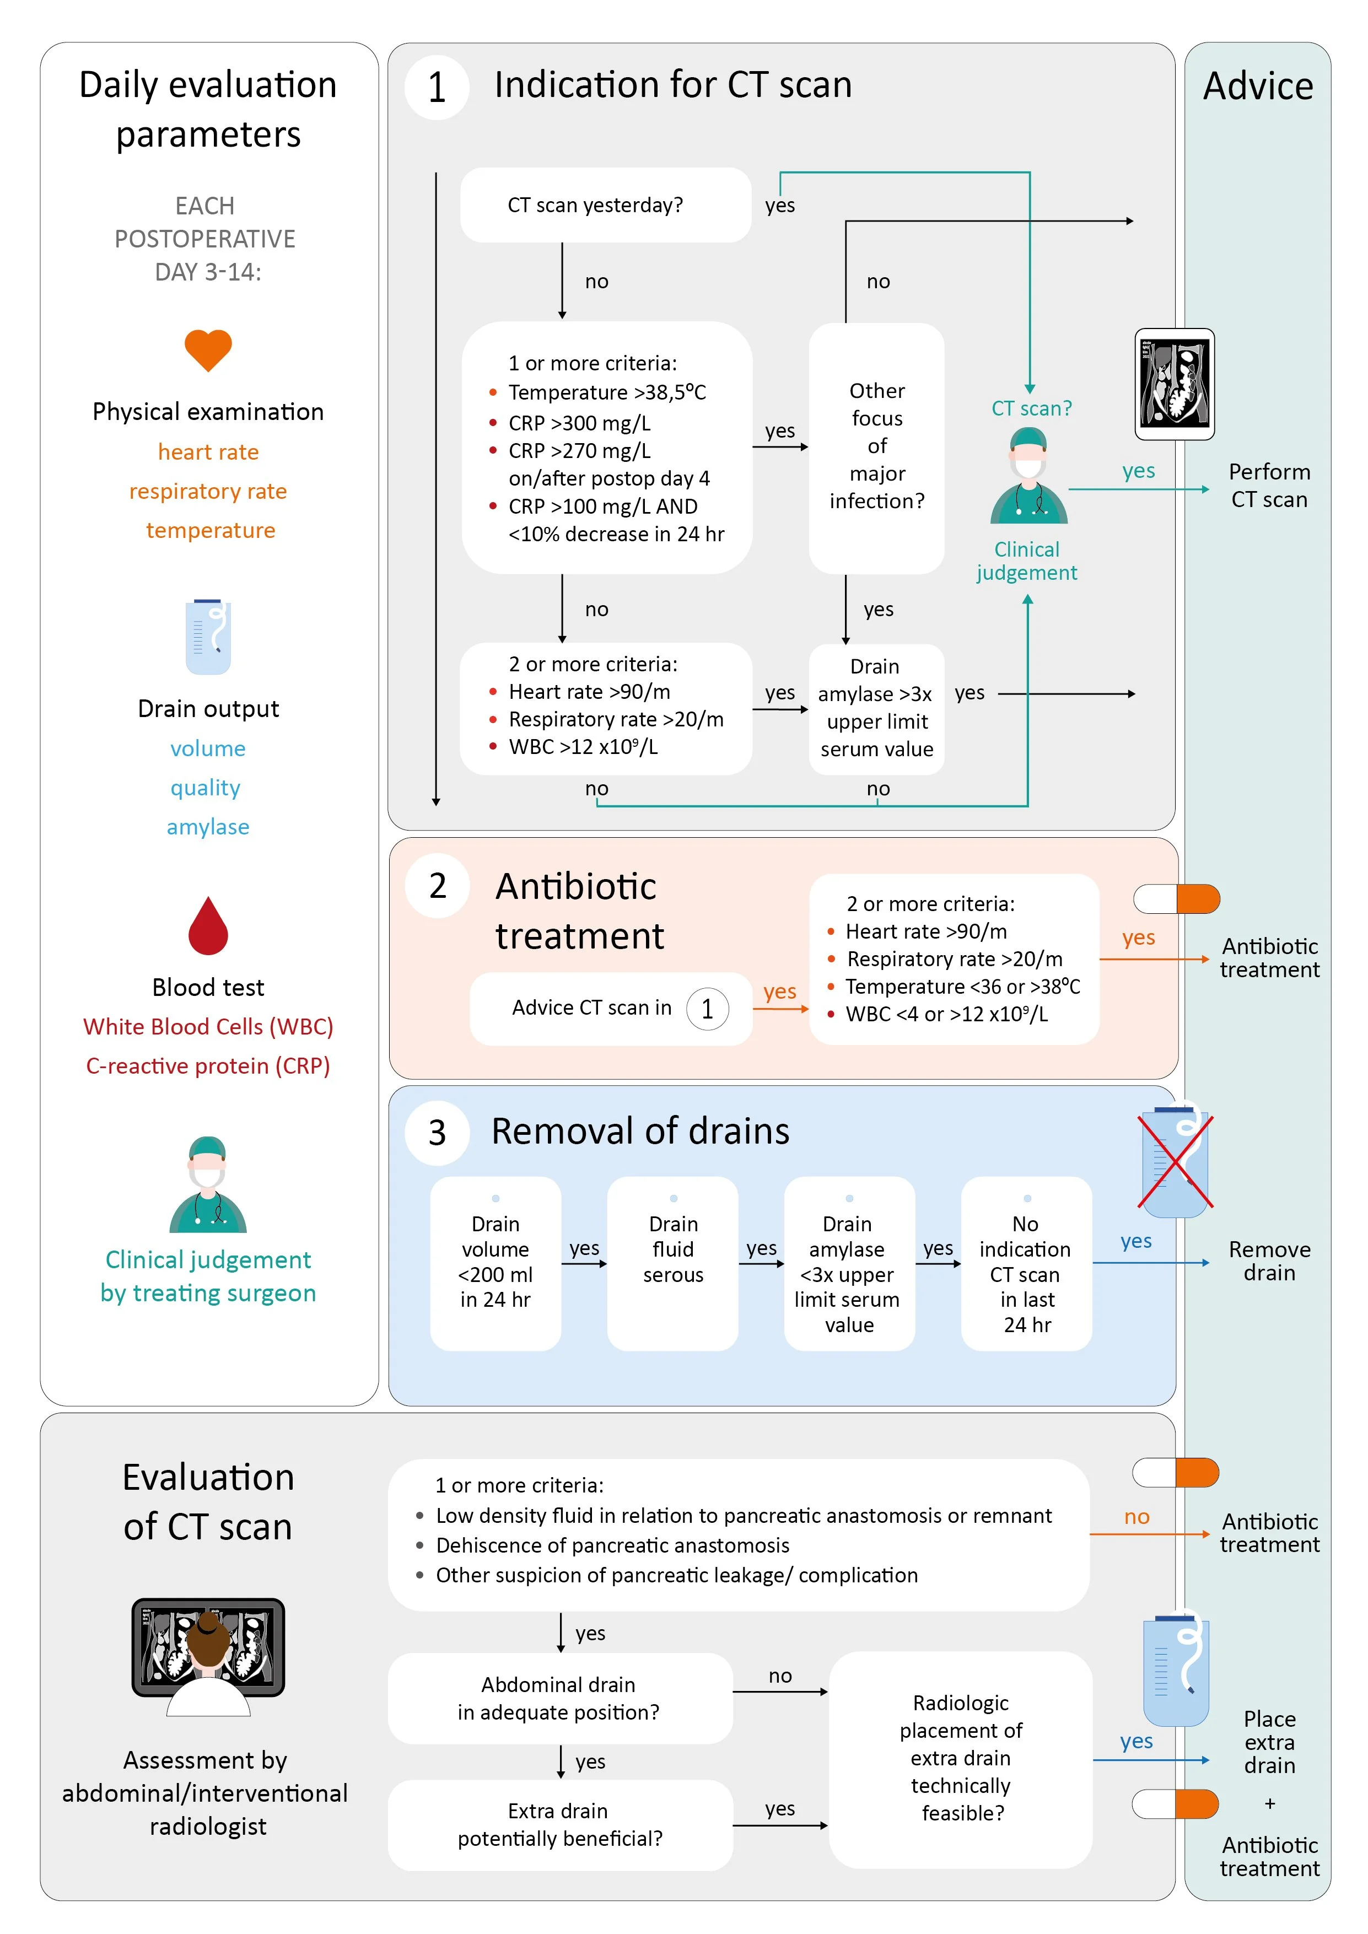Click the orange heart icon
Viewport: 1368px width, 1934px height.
click(x=208, y=349)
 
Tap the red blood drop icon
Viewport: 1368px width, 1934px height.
click(x=208, y=926)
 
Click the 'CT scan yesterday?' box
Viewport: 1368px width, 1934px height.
click(x=605, y=204)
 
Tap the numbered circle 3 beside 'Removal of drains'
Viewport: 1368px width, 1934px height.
click(x=437, y=1132)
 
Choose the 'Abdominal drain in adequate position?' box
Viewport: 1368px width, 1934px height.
click(x=559, y=1698)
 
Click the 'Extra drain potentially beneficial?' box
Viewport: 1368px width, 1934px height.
click(x=559, y=1824)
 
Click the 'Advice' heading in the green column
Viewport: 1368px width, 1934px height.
click(x=1258, y=86)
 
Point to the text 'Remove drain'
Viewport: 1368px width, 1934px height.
click(x=1269, y=1261)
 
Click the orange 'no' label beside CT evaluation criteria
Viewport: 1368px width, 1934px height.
click(x=1137, y=1516)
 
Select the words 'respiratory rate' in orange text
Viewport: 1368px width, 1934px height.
click(x=208, y=491)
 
